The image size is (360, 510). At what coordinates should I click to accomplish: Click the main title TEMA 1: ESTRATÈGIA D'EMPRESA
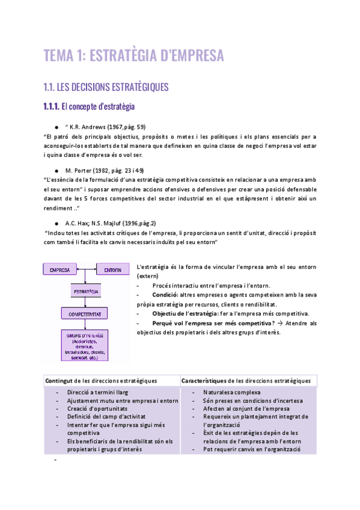pyautogui.click(x=133, y=56)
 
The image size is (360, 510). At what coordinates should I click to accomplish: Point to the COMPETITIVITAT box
pyautogui.click(x=86, y=314)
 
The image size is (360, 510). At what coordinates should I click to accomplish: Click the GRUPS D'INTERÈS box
pyautogui.click(x=86, y=344)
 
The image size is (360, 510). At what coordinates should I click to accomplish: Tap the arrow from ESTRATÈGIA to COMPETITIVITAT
pyautogui.click(x=86, y=303)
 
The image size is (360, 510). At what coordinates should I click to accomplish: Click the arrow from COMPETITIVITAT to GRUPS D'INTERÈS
pyautogui.click(x=86, y=325)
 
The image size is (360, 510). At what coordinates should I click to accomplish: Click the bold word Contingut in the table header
pyautogui.click(x=58, y=381)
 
